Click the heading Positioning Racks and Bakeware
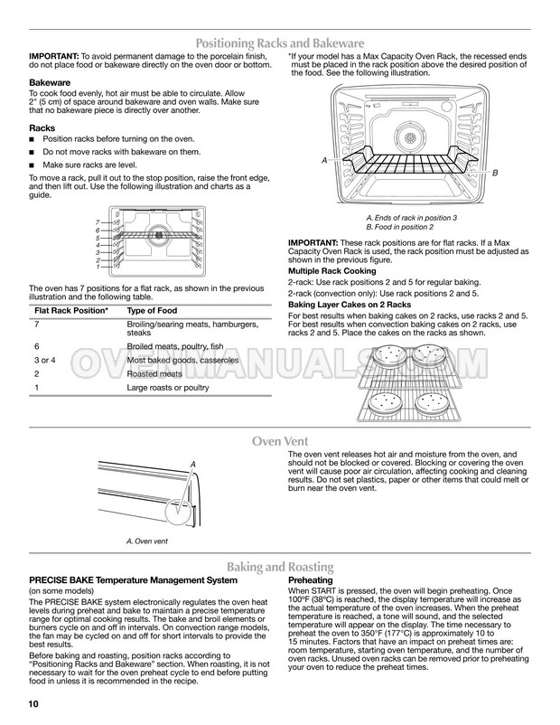[280, 42]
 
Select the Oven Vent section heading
[281, 441]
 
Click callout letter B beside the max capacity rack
[495, 172]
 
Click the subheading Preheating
[311, 579]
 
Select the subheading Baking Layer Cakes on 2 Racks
[350, 305]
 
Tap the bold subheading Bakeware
[51, 82]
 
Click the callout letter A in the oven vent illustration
[192, 463]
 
